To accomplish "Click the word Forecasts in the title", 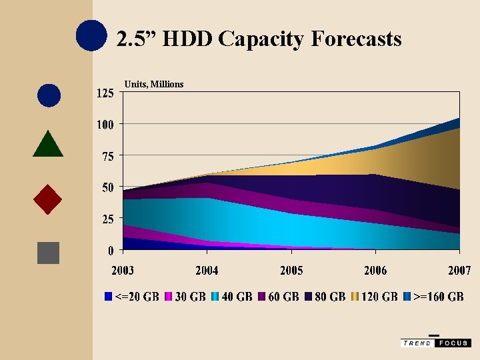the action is pyautogui.click(x=356, y=39).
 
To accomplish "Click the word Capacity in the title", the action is pyautogui.click(x=261, y=40).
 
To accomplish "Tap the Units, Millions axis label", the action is pyautogui.click(x=154, y=84).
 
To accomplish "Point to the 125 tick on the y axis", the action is pyautogui.click(x=105, y=93).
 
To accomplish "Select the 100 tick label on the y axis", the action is pyautogui.click(x=105, y=124).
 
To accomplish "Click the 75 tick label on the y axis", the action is pyautogui.click(x=108, y=156).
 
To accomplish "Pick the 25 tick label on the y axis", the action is pyautogui.click(x=108, y=219).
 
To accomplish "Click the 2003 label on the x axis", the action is pyautogui.click(x=123, y=270).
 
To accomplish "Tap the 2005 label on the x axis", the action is pyautogui.click(x=291, y=270).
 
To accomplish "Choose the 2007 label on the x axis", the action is pyautogui.click(x=459, y=270).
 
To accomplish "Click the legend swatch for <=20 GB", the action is pyautogui.click(x=109, y=296).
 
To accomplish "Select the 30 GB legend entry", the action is pyautogui.click(x=185, y=296).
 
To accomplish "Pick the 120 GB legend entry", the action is pyautogui.click(x=375, y=296).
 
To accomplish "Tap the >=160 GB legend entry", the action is pyautogui.click(x=434, y=296).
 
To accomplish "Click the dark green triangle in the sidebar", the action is pyautogui.click(x=48, y=144).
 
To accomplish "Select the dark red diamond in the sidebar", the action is pyautogui.click(x=48, y=199).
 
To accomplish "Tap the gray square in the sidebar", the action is pyautogui.click(x=49, y=253).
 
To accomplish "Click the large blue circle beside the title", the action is pyautogui.click(x=91, y=35).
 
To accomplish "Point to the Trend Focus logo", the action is pyautogui.click(x=435, y=342).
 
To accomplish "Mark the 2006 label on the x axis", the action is pyautogui.click(x=375, y=270).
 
